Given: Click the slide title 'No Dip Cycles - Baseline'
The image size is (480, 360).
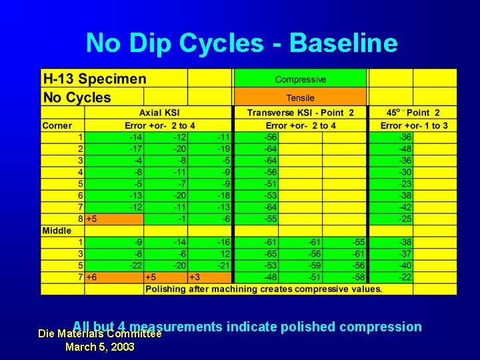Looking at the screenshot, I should (x=241, y=43).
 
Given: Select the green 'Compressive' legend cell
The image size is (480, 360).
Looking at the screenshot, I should (x=300, y=79).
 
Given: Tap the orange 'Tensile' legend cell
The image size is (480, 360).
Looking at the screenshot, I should (x=300, y=97).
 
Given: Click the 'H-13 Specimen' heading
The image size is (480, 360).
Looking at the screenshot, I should (x=94, y=79).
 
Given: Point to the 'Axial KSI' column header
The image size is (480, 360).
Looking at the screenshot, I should (x=159, y=113).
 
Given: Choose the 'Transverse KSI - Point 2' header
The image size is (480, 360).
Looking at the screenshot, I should (x=300, y=113).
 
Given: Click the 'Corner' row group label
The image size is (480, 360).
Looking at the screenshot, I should (x=57, y=125).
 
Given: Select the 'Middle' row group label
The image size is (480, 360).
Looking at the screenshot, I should (x=57, y=230).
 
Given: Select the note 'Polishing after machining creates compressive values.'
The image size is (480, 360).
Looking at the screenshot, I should (x=263, y=289).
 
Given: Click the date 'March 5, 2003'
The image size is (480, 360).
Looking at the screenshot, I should (x=99, y=347).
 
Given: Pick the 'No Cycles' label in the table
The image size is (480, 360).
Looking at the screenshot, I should (x=77, y=97).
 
